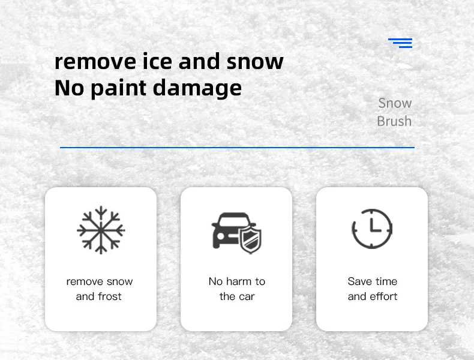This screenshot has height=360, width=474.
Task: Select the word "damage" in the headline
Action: click(197, 89)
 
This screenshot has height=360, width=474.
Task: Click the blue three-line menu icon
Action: click(400, 43)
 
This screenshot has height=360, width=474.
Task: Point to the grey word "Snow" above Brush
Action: click(395, 103)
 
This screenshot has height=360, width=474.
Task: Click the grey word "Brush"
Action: click(394, 121)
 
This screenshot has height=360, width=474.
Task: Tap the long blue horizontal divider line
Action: click(238, 148)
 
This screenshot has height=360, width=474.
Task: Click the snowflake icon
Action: click(101, 230)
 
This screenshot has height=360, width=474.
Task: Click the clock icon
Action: click(372, 229)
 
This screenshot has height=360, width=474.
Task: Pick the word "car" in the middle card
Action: click(247, 297)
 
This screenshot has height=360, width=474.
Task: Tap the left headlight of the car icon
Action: click(221, 236)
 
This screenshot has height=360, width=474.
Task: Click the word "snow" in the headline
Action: click(255, 62)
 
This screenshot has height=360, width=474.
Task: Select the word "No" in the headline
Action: click(70, 88)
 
